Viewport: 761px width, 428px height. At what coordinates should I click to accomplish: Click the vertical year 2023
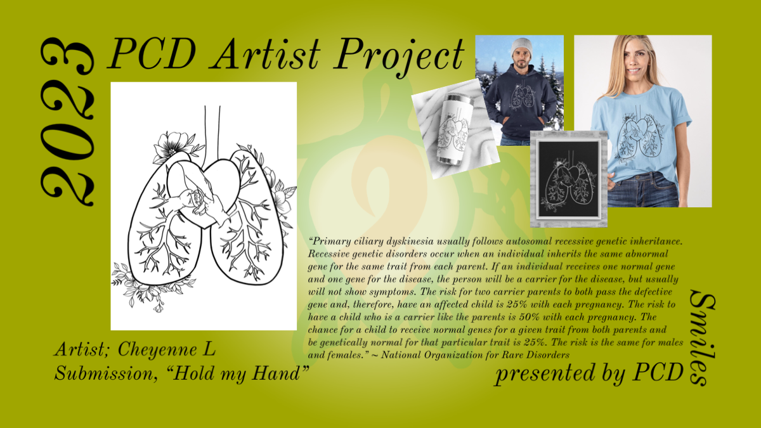coord(67,122)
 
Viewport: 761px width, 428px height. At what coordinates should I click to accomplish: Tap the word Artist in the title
coord(265,54)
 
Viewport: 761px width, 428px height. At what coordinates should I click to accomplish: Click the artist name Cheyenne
coord(157,350)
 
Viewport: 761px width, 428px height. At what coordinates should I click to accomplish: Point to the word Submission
coord(106,373)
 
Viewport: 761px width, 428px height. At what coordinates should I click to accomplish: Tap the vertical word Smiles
coord(702,337)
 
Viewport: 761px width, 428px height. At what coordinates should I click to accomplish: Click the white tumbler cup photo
coord(455,129)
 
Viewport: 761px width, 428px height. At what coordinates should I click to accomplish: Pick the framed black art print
coord(569,179)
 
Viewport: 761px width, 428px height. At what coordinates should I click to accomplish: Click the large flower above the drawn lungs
coord(172,146)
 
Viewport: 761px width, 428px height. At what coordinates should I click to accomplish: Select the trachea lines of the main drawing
coord(212,136)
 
